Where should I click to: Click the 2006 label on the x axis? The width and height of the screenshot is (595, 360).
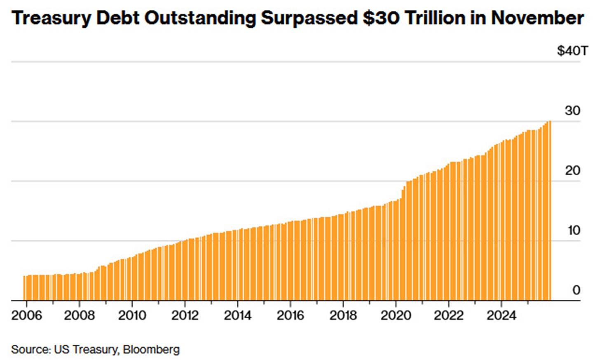coord(27,315)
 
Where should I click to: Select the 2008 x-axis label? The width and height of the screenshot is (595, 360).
coord(79,315)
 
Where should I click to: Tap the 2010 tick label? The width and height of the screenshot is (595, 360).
coord(132,315)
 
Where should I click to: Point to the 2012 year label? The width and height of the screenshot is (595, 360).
coord(185,315)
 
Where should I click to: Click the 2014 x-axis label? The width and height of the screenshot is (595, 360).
coord(238,315)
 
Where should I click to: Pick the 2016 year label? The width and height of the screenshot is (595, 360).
coord(290,315)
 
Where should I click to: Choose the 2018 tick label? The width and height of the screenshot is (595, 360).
coord(343,315)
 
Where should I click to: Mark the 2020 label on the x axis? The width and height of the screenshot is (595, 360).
coord(396,315)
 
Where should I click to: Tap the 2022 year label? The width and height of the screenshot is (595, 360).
coord(449,315)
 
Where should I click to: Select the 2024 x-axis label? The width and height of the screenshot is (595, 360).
coord(501,315)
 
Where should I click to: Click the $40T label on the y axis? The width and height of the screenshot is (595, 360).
coord(572,51)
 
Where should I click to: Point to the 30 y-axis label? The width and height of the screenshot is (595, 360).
coord(572,111)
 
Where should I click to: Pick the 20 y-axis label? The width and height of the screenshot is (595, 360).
coord(572,170)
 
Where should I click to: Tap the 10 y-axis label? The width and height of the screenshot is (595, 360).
coord(574,230)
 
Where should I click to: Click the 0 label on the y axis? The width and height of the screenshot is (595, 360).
coord(576,290)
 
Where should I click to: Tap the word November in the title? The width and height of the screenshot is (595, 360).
coord(537,18)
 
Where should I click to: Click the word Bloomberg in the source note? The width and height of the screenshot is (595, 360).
coord(151,349)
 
